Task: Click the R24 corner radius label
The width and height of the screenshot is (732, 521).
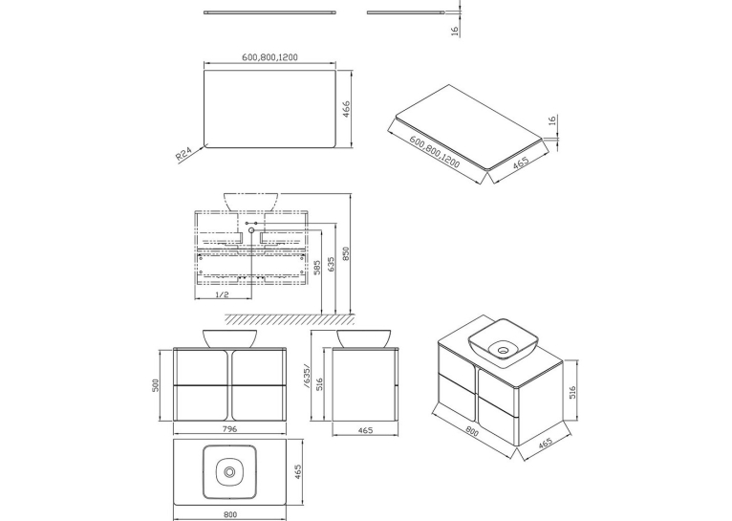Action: pyautogui.click(x=183, y=154)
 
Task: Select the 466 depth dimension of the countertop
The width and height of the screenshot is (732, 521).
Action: pyautogui.click(x=346, y=109)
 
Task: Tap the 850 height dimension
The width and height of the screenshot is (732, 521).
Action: pyautogui.click(x=346, y=254)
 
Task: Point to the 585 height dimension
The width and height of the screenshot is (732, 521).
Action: pyautogui.click(x=317, y=268)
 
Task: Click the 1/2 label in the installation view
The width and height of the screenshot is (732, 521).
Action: pyautogui.click(x=223, y=294)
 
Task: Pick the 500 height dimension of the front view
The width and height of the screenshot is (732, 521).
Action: pyautogui.click(x=156, y=385)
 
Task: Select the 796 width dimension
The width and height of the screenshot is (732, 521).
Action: pyautogui.click(x=229, y=429)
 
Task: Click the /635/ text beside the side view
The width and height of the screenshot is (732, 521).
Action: pyautogui.click(x=306, y=377)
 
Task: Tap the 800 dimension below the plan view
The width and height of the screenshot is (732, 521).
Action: pyautogui.click(x=230, y=514)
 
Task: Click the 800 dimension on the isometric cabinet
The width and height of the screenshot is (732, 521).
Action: pyautogui.click(x=472, y=433)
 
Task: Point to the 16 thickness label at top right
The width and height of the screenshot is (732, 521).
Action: pyautogui.click(x=455, y=31)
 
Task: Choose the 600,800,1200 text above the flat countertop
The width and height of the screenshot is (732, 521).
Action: pyautogui.click(x=269, y=57)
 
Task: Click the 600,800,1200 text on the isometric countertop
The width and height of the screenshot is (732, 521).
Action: pyautogui.click(x=435, y=152)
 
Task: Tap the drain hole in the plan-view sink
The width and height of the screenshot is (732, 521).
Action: pyautogui.click(x=229, y=472)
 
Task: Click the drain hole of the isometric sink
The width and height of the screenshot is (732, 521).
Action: pyautogui.click(x=504, y=349)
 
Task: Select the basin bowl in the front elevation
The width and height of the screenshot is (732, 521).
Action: pyautogui.click(x=229, y=338)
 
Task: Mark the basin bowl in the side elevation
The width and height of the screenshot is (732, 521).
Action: pyautogui.click(x=364, y=338)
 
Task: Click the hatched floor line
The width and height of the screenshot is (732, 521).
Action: pyautogui.click(x=290, y=319)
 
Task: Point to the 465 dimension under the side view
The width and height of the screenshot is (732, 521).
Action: pyautogui.click(x=365, y=430)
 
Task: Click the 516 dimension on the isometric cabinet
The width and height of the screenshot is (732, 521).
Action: pyautogui.click(x=572, y=392)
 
